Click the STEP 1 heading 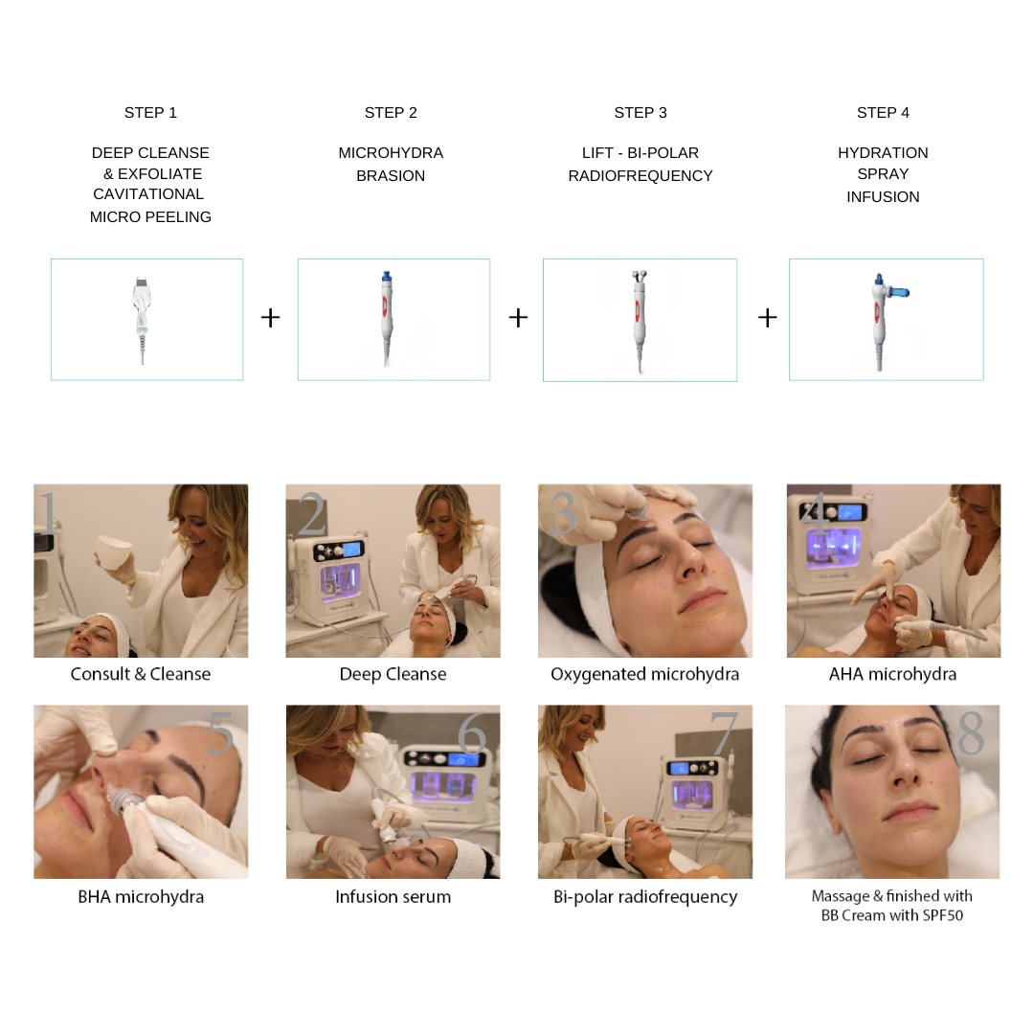[x=150, y=113]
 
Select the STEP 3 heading [x=641, y=113]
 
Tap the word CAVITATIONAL [x=148, y=193]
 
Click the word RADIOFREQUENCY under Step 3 [x=641, y=176]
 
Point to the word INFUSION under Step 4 [x=883, y=197]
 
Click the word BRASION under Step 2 [x=391, y=176]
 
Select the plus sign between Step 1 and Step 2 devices [x=270, y=318]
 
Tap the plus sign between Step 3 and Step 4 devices [x=767, y=318]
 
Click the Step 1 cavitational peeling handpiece [x=141, y=319]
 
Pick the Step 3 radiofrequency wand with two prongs [x=639, y=321]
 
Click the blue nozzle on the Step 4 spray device [x=898, y=291]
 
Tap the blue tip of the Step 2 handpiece [x=387, y=276]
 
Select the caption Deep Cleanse [x=393, y=674]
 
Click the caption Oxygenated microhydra [x=644, y=674]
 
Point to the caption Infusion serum [x=393, y=897]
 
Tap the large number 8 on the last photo [x=971, y=732]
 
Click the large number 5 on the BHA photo [x=220, y=732]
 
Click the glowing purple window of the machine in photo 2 [x=340, y=582]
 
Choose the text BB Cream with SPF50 [x=891, y=915]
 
